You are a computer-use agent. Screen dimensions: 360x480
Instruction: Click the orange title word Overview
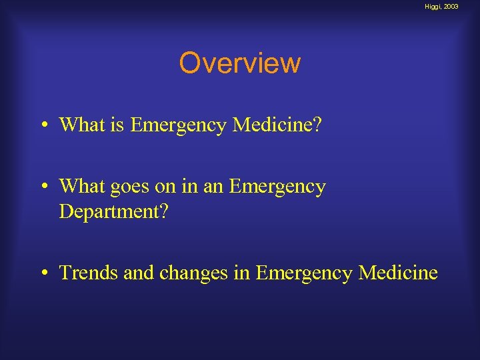[240, 64]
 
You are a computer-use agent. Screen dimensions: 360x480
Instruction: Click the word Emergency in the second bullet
[277, 187]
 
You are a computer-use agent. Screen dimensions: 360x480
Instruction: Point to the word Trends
[85, 273]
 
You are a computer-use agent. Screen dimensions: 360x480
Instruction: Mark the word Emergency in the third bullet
[304, 273]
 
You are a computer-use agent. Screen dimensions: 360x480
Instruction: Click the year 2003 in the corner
[451, 7]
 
